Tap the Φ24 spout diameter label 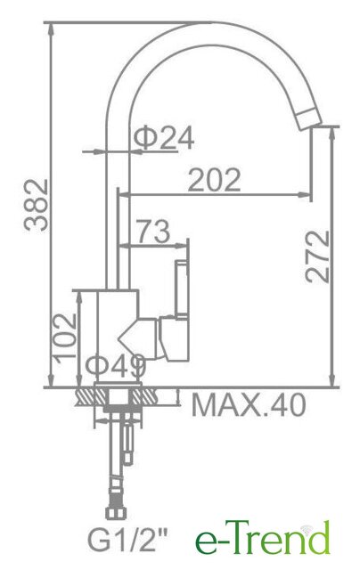164,138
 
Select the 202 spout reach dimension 214,180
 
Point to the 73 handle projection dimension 153,232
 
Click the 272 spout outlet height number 317,256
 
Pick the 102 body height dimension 65,336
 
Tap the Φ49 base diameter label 115,366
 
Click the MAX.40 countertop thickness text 249,405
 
